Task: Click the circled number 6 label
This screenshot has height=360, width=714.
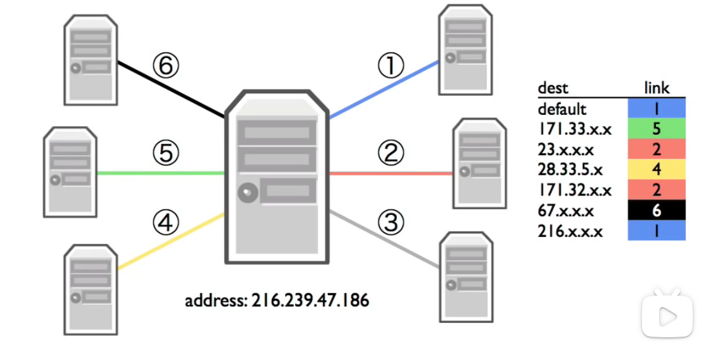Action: pos(166,66)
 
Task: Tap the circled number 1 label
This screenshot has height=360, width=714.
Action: pos(390,66)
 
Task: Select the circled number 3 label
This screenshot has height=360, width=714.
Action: pos(390,223)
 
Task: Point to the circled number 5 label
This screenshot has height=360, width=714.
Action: pos(166,153)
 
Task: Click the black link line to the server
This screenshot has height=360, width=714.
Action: pos(170,89)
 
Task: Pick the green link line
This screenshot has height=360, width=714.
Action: pos(161,173)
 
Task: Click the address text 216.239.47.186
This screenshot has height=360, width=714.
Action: pos(277,300)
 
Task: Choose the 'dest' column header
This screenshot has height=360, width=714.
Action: pos(553,88)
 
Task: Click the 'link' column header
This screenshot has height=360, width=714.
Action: pos(657,88)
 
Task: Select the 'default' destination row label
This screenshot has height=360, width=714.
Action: pos(562,109)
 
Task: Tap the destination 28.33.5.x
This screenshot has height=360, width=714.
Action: pos(570,170)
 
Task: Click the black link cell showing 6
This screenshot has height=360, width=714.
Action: pos(657,211)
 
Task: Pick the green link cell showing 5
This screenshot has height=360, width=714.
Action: pos(657,129)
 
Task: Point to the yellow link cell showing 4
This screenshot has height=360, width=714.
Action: pos(657,170)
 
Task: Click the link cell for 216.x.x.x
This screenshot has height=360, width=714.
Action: pos(657,231)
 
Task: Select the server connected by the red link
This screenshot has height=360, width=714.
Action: pos(479,163)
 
